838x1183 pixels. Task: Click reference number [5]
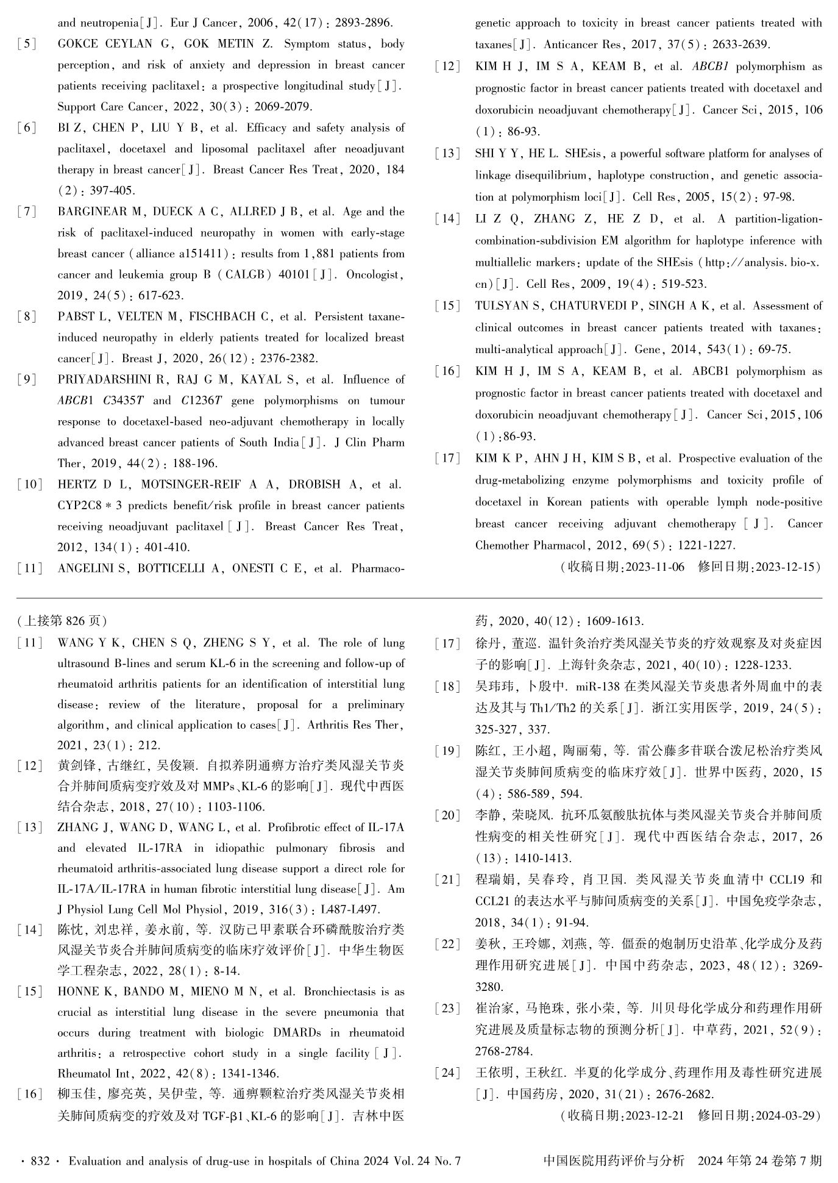(26, 45)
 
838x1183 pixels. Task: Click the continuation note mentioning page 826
(62, 621)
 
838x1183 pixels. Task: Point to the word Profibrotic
(297, 828)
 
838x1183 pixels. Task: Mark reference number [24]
(448, 1073)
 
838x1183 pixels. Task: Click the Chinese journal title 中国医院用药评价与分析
(614, 1161)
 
